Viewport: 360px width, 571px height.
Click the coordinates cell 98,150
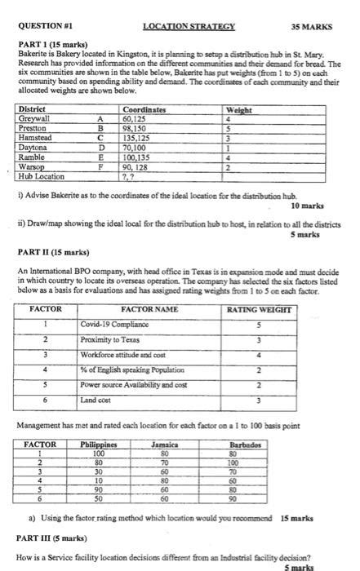click(136, 127)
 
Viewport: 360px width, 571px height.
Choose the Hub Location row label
click(41, 177)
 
